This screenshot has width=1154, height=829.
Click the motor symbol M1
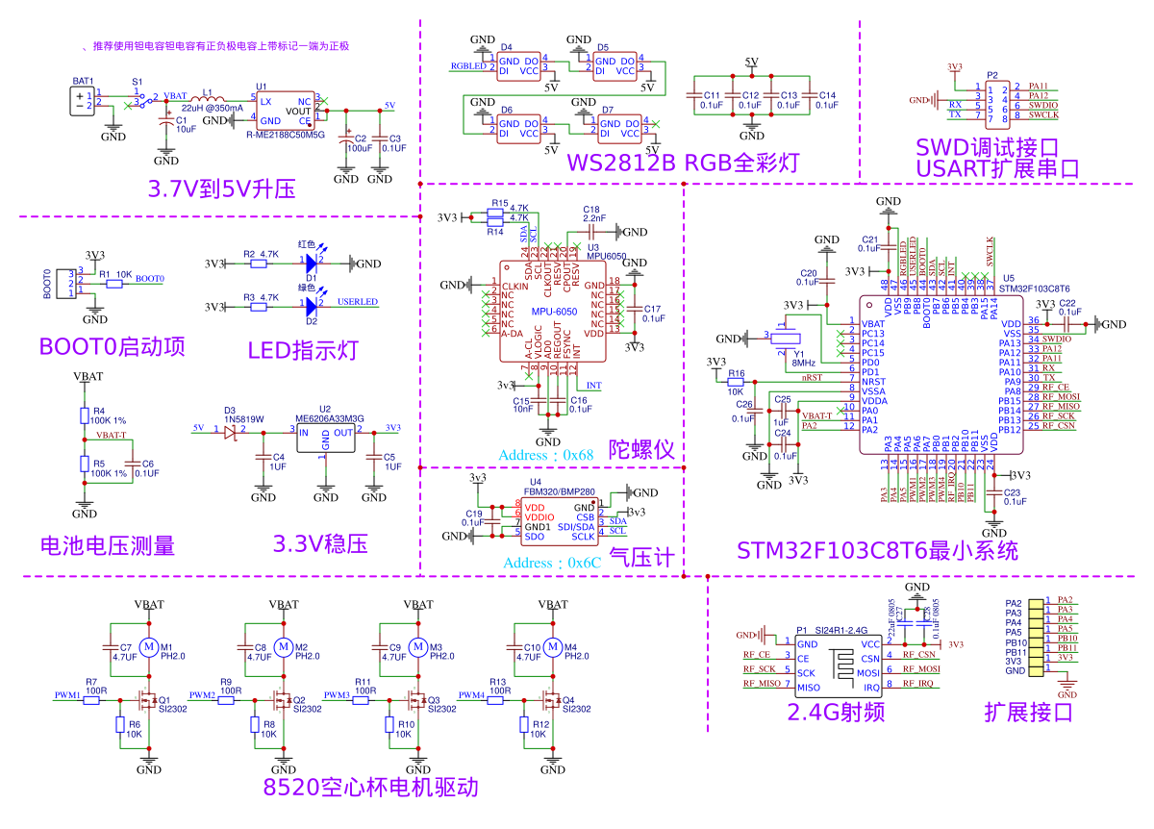(149, 647)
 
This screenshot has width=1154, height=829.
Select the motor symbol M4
(553, 647)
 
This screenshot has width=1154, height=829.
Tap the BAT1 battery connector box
(80, 100)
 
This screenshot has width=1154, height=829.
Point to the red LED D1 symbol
(310, 262)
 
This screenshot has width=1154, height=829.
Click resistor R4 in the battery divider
(85, 414)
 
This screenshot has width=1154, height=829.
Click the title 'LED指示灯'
(302, 350)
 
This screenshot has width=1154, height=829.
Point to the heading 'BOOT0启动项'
(113, 347)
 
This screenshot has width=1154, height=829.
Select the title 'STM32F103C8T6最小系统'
(876, 551)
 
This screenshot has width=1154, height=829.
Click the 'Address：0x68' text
(545, 454)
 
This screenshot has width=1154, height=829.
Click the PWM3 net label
(338, 694)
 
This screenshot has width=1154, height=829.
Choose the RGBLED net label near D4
(468, 66)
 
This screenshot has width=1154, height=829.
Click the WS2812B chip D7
(621, 129)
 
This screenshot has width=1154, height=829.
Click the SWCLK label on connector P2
(1042, 115)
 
